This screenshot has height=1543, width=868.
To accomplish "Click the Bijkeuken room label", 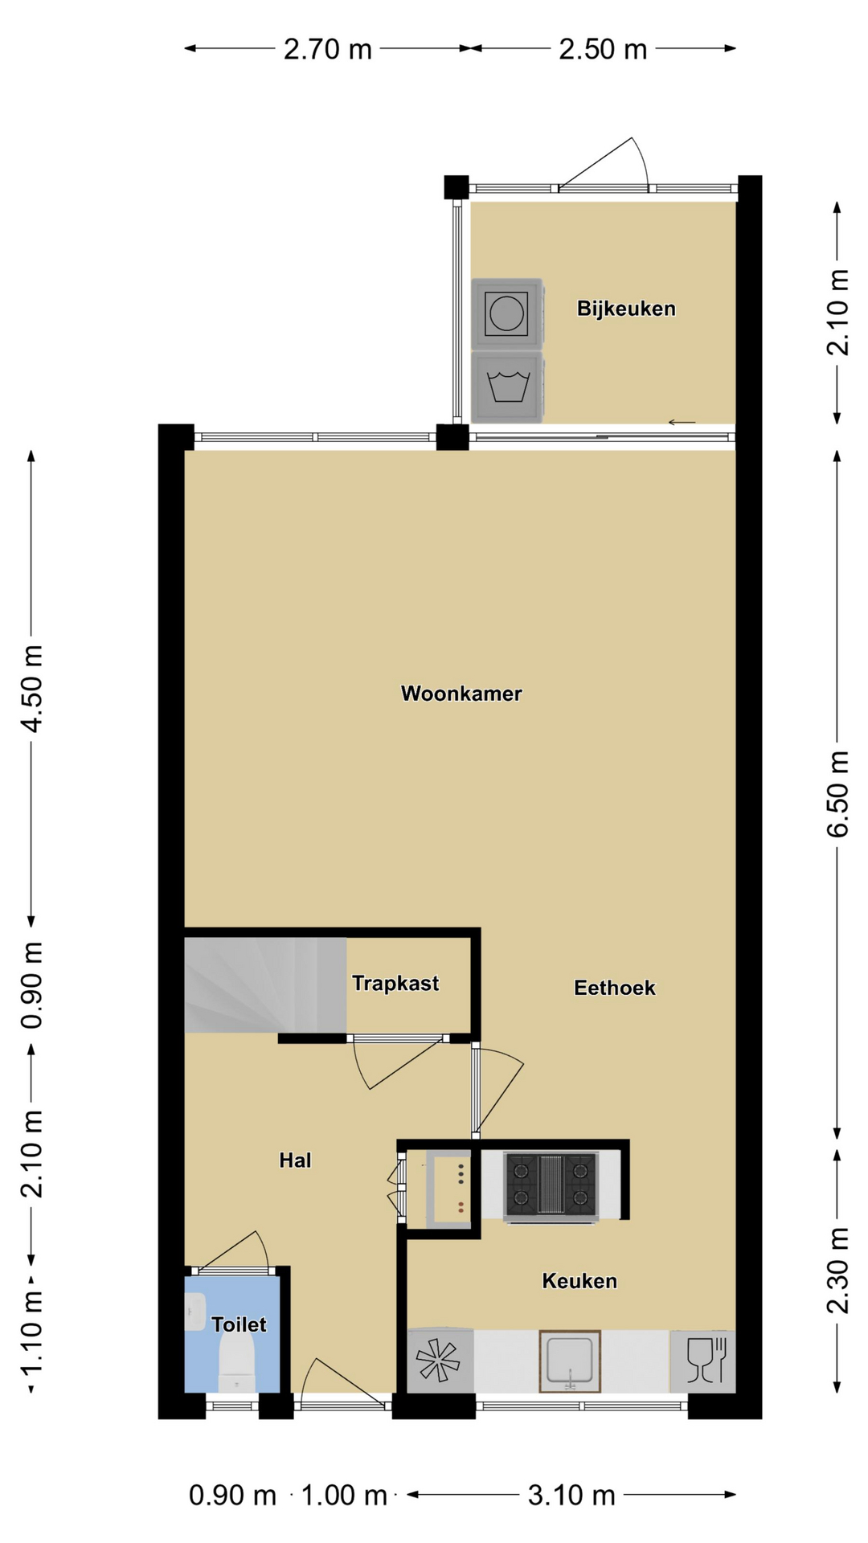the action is click(626, 309).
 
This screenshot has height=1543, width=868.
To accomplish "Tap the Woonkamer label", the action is click(461, 694).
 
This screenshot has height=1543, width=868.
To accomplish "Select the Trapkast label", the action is click(395, 983).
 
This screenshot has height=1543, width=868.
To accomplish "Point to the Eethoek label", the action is click(615, 988).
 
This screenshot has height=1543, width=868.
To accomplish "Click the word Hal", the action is click(295, 1160).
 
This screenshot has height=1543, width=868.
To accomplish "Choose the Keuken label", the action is click(579, 1281).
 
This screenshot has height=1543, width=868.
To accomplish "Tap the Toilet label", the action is click(239, 1324).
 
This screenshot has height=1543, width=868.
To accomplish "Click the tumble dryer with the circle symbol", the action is click(507, 314).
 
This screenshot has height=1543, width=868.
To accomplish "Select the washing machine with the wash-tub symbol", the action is click(507, 387).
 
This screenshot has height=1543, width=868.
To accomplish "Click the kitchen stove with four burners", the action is click(551, 1185).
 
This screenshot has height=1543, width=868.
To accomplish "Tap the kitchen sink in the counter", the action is click(570, 1361).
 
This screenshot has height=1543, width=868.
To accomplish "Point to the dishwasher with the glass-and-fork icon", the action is click(703, 1361).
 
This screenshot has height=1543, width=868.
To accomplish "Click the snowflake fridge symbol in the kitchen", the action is click(439, 1361).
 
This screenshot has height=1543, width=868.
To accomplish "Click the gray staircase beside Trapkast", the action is click(265, 984).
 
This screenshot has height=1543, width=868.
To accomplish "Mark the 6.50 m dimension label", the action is click(837, 794).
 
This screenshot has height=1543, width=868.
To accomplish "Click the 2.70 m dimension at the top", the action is click(328, 50).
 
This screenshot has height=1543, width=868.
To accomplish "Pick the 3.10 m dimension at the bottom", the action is click(571, 1496).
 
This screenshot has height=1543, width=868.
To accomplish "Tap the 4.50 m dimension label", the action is click(32, 688).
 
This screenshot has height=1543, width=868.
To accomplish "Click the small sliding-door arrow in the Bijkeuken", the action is click(682, 422).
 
